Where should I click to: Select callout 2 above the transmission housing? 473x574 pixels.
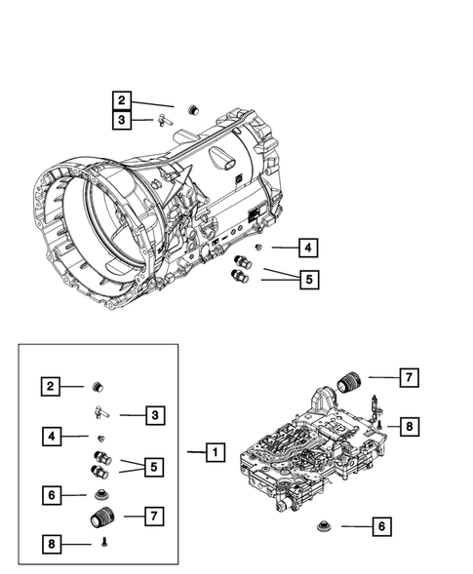(x=121, y=100)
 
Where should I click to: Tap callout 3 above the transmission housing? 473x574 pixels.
(x=121, y=121)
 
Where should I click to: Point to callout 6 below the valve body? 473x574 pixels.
(x=381, y=526)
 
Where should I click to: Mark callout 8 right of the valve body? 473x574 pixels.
(x=410, y=425)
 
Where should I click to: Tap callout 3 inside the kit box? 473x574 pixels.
(x=154, y=416)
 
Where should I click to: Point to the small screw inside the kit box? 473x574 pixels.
(x=102, y=543)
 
